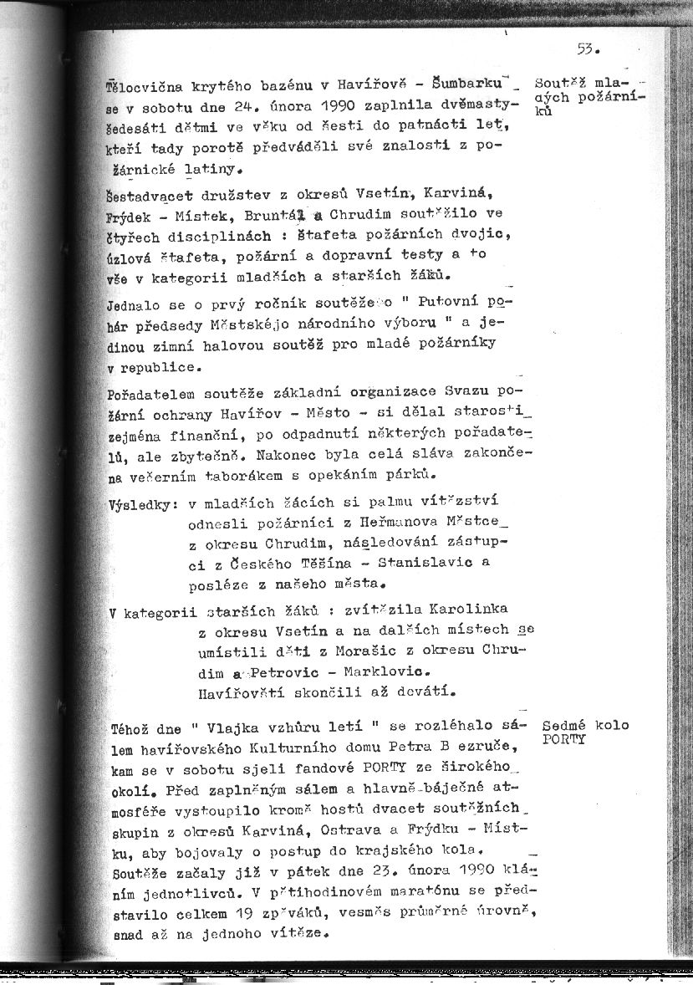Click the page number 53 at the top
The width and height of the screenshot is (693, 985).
585,48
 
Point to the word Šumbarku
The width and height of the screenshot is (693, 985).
479,85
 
